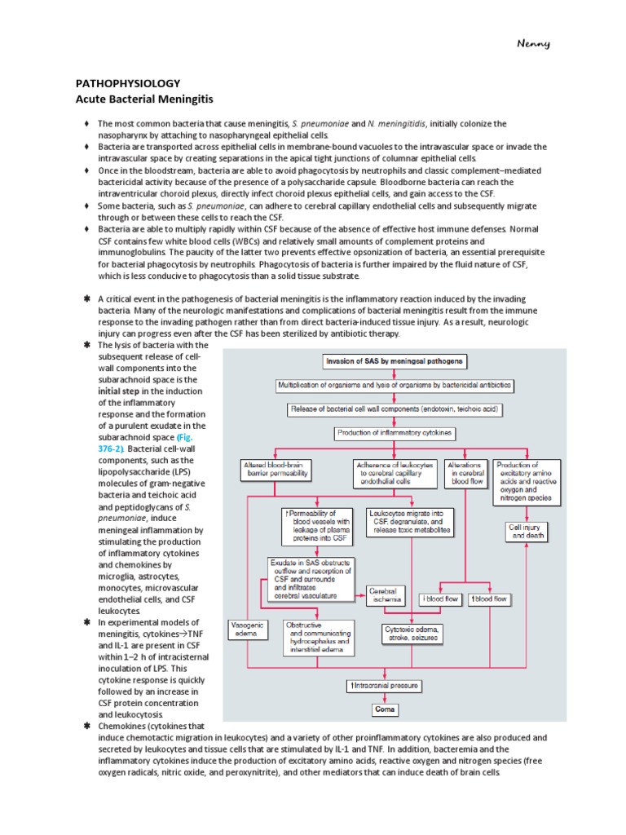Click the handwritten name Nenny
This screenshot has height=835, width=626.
[x=534, y=43]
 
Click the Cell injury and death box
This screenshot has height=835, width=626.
[x=523, y=532]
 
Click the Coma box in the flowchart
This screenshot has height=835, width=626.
[x=386, y=709]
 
